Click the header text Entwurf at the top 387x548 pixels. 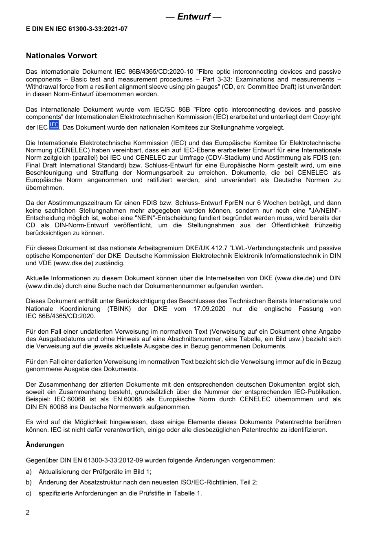[193, 17]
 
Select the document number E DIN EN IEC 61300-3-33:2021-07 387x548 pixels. [77, 29]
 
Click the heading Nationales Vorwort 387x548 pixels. [62, 56]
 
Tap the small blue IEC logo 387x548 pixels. [54, 125]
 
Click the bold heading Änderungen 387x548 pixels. [45, 445]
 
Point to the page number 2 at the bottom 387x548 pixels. [28, 513]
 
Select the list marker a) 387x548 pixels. [29, 472]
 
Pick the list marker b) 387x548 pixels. [29, 482]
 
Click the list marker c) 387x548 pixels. [29, 493]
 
